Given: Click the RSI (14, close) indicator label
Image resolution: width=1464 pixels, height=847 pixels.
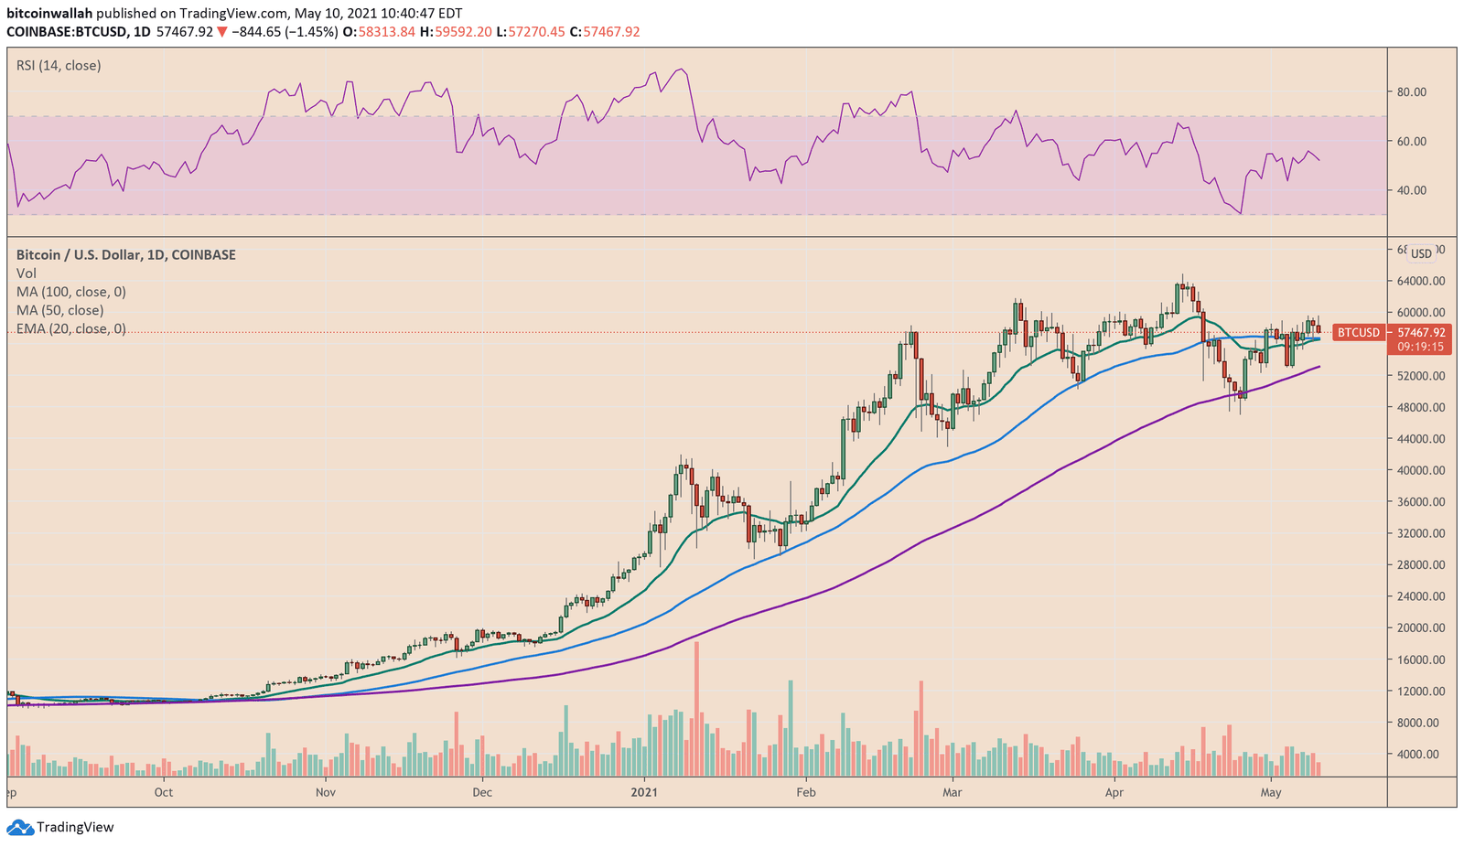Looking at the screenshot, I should [x=59, y=66].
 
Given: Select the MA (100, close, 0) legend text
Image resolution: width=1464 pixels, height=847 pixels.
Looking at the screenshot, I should [x=70, y=292].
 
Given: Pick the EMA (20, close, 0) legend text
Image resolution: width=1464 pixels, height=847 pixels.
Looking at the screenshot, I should [x=70, y=329].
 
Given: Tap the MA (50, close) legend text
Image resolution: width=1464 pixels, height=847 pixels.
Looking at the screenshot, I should [x=59, y=311].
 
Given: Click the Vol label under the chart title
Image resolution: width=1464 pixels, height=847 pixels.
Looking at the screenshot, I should [x=27, y=273].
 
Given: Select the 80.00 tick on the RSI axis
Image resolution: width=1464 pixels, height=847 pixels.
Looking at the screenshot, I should [x=1412, y=91].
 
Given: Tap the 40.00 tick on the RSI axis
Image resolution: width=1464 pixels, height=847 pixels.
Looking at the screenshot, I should [x=1412, y=190].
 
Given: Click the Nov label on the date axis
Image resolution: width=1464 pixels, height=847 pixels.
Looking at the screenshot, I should [x=325, y=792].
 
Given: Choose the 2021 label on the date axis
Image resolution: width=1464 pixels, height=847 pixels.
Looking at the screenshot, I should [x=646, y=792].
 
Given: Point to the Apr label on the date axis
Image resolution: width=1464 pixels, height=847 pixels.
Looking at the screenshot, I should [x=1114, y=792].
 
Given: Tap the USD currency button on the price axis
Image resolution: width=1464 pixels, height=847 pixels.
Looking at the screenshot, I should [x=1421, y=253].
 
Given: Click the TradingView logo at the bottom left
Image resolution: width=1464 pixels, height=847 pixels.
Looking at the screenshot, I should [x=61, y=828].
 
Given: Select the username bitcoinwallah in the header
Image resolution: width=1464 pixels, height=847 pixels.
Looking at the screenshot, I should [x=49, y=14].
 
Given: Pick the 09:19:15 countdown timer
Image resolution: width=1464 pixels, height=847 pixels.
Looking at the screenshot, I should [x=1420, y=348].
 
